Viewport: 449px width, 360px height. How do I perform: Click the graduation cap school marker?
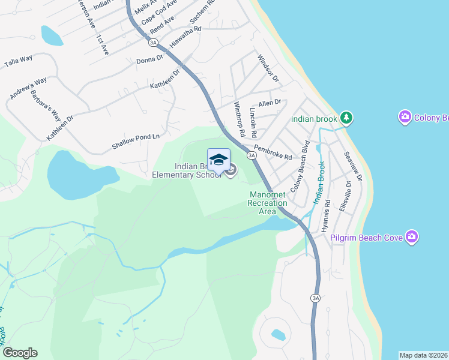218,160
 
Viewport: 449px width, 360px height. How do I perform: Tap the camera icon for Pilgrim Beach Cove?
412,238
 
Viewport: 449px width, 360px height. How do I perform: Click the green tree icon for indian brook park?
346,118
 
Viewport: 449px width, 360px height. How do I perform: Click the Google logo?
20,353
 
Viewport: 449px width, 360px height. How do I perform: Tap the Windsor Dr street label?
268,68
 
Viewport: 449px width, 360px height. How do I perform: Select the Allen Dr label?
270,103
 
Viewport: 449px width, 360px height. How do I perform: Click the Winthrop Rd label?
240,118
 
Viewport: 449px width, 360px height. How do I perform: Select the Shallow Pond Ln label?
136,142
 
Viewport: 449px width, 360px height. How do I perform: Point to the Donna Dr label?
149,59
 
